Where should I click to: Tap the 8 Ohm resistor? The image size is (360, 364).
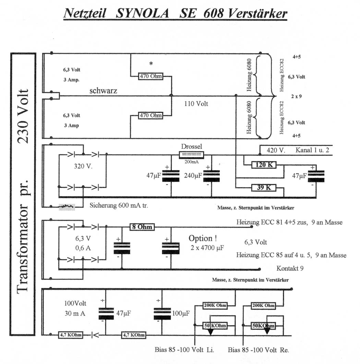point(142,227)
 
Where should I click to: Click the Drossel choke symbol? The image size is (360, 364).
point(192,155)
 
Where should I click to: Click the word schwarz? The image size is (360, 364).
point(103,91)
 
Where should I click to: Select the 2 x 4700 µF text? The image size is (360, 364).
point(207,247)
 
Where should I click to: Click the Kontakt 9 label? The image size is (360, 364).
point(290,268)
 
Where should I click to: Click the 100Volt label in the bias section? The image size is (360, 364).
point(76,303)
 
